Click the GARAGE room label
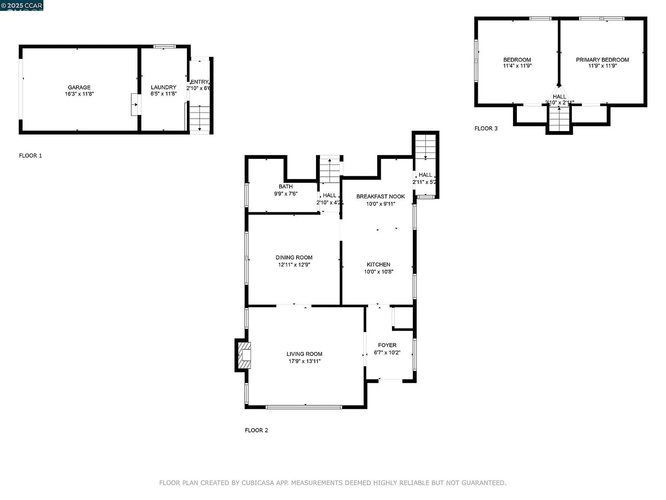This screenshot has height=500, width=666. pyautogui.click(x=79, y=87)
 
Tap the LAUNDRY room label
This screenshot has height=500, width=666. pyautogui.click(x=163, y=87)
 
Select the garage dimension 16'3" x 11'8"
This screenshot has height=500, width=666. pyautogui.click(x=79, y=94)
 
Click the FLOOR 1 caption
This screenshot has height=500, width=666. pyautogui.click(x=30, y=155)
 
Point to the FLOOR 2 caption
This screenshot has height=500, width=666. pyautogui.click(x=256, y=430)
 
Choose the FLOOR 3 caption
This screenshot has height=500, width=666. pyautogui.click(x=486, y=128)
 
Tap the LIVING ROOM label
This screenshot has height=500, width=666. pyautogui.click(x=304, y=354)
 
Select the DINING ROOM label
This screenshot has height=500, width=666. pyautogui.click(x=294, y=257)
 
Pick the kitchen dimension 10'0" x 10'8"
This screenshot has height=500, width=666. pyautogui.click(x=379, y=272)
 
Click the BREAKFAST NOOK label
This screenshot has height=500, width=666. pyautogui.click(x=380, y=197)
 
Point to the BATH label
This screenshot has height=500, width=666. pyautogui.click(x=286, y=187)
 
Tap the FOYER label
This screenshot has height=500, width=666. pyautogui.click(x=387, y=345)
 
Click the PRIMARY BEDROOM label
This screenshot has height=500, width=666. pyautogui.click(x=602, y=60)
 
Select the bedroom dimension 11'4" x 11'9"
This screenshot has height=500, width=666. pyautogui.click(x=517, y=66)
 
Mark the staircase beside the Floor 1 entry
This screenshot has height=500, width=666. pyautogui.click(x=199, y=118)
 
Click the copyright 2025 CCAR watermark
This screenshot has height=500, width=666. pyautogui.click(x=22, y=5)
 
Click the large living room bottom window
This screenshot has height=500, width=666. pyautogui.click(x=304, y=407)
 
